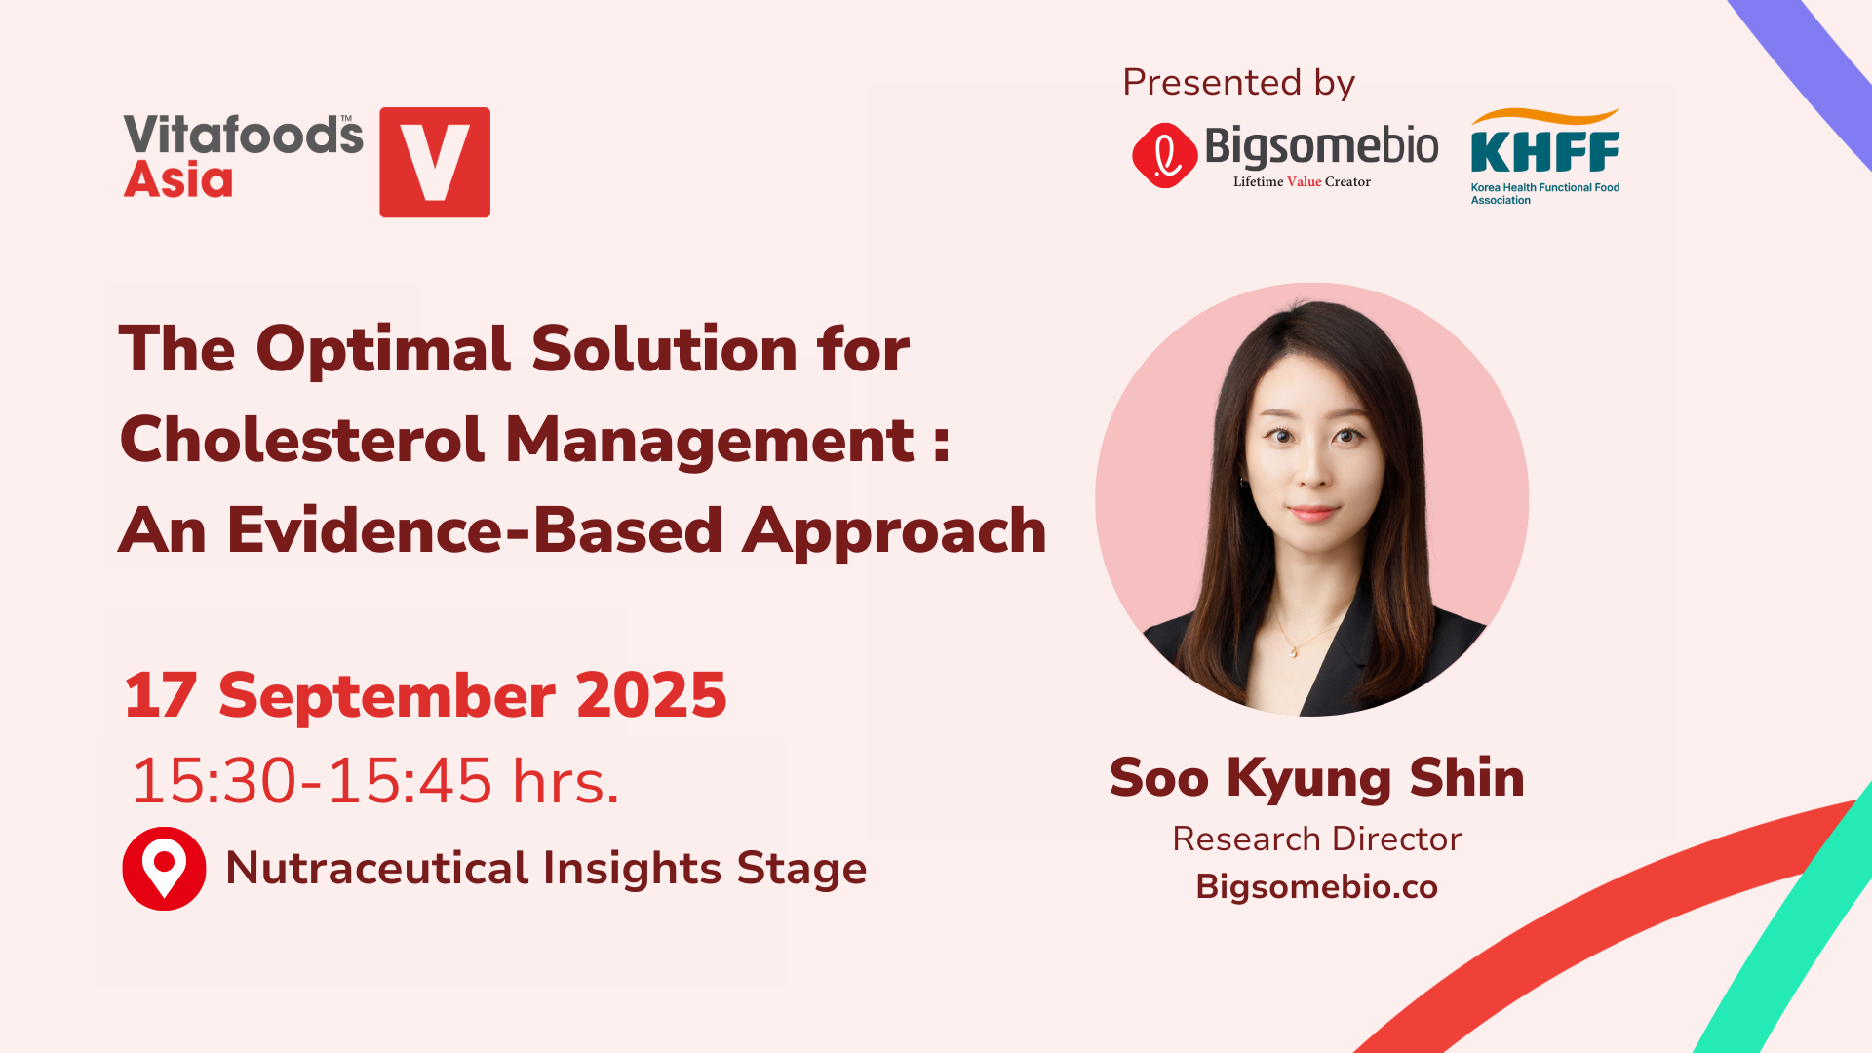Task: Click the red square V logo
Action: [435, 162]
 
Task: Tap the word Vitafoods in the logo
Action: [243, 136]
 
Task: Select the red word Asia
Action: [178, 179]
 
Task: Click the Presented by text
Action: [1238, 83]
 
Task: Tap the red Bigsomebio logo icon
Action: [1164, 155]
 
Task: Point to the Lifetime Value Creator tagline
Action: [1302, 181]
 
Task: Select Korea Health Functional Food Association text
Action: [1545, 194]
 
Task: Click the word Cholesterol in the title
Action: [302, 440]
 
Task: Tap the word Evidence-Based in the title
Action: [475, 531]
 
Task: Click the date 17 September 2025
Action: [425, 695]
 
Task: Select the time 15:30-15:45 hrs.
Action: [375, 781]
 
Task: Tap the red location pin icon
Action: [164, 869]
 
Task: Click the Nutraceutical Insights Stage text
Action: [546, 868]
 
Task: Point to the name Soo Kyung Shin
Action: [1317, 778]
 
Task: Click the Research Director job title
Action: [1317, 838]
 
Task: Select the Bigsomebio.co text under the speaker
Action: [1317, 887]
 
